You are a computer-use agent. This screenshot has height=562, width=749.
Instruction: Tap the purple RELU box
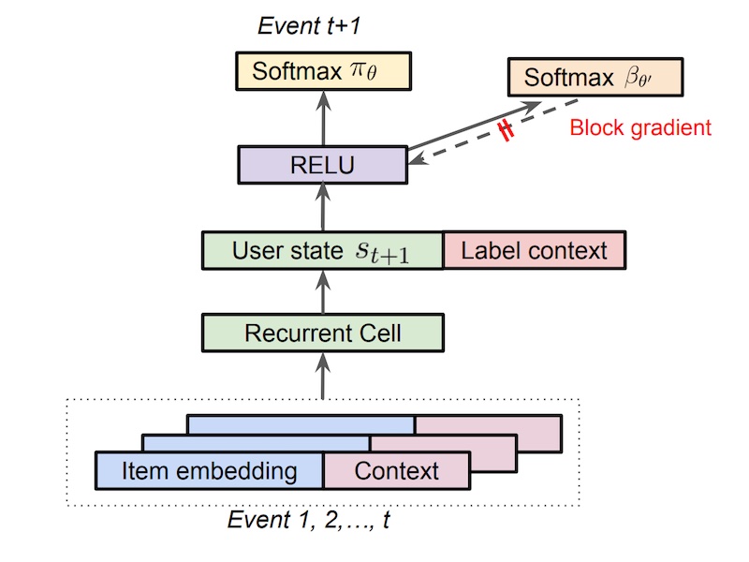322,166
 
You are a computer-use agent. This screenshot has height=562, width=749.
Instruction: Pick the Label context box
533,250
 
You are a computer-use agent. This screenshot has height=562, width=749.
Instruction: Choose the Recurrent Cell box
322,333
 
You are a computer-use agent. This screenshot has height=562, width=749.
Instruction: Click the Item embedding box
210,470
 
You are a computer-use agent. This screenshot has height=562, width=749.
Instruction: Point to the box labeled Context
395,470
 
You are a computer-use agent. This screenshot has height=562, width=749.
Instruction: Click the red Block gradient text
640,127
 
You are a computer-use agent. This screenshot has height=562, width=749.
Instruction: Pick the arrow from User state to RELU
322,207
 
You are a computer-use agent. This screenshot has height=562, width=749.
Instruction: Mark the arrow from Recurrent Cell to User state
322,291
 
